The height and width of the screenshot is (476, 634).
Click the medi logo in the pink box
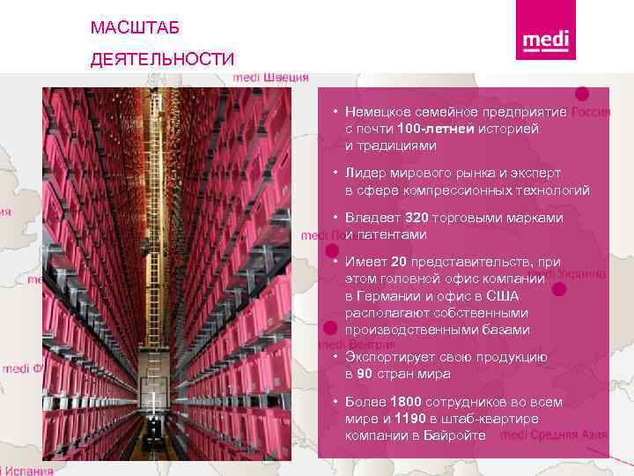(x=546, y=41)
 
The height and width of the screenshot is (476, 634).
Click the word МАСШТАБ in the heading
(x=135, y=29)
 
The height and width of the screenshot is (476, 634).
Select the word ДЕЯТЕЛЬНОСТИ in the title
(x=162, y=60)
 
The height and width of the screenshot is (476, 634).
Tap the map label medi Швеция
(x=270, y=78)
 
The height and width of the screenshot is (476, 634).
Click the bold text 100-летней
(x=435, y=130)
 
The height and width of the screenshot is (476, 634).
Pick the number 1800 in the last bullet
(x=406, y=402)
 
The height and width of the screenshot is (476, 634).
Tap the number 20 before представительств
(x=398, y=262)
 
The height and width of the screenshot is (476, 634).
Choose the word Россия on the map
(x=591, y=113)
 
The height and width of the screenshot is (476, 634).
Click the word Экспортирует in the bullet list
(x=394, y=357)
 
